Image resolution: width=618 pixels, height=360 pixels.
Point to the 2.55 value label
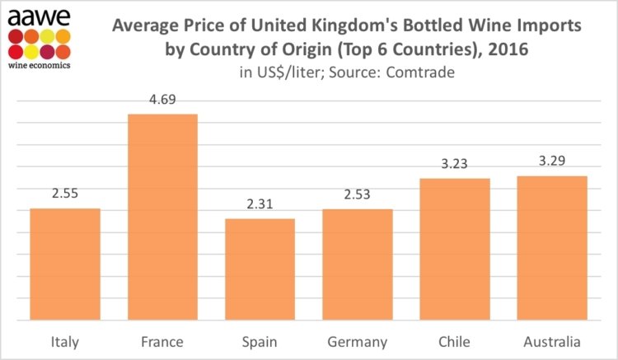click(x=65, y=194)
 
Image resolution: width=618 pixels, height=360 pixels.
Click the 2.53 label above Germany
click(x=357, y=195)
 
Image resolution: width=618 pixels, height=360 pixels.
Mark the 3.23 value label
click(x=455, y=164)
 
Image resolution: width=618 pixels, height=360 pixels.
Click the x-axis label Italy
click(x=65, y=340)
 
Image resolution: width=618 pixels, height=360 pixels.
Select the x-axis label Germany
click(x=357, y=340)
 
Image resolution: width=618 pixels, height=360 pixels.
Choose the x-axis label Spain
click(x=260, y=340)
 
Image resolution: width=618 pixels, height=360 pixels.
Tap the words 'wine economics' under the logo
click(x=39, y=63)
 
